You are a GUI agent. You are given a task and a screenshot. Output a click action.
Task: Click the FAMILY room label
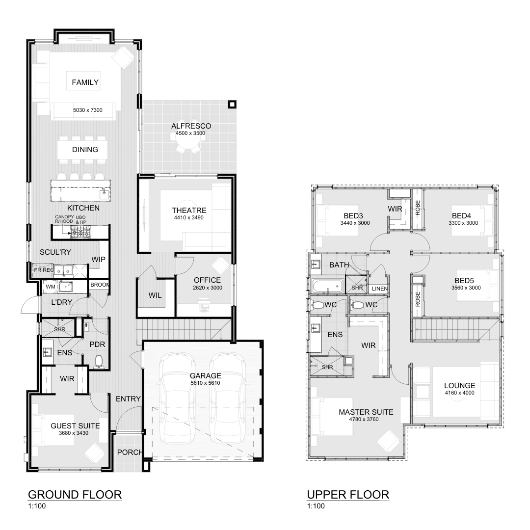click(x=85, y=82)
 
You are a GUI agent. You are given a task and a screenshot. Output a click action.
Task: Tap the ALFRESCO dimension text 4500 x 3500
click(x=188, y=133)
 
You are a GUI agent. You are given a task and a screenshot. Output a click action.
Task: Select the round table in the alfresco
click(x=188, y=142)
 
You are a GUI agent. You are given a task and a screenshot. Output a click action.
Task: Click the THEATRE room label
click(x=182, y=210)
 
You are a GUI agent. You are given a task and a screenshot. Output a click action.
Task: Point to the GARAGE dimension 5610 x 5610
click(x=206, y=383)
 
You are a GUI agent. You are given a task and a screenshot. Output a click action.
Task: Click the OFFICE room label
click(x=207, y=280)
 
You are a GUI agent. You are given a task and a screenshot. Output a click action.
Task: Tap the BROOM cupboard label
click(x=100, y=285)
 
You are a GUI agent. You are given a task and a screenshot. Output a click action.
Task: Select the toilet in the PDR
click(x=99, y=361)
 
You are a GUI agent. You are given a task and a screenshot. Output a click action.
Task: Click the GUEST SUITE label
click(x=75, y=426)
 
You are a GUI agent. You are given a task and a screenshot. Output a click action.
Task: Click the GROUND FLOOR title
click(x=75, y=494)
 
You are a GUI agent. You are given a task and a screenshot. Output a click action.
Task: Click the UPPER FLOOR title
click(x=348, y=494)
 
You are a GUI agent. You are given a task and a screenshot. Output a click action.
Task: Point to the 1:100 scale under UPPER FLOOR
click(x=315, y=506)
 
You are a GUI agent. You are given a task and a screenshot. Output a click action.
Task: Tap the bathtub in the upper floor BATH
click(x=327, y=285)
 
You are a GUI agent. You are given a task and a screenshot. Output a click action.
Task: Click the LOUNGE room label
click(x=459, y=385)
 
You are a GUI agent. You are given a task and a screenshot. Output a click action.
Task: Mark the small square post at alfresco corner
click(x=232, y=104)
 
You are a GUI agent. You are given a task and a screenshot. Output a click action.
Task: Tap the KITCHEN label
click(x=83, y=208)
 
